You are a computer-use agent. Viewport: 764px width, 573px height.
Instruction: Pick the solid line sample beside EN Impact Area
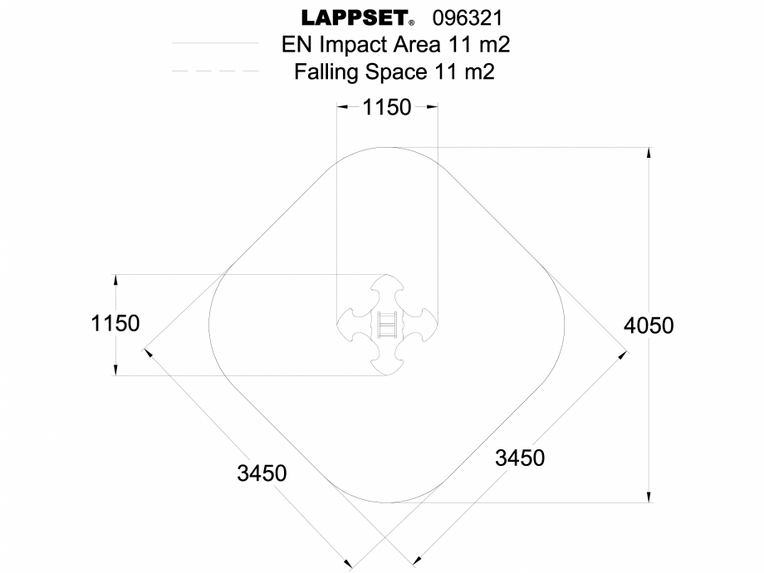[215, 43]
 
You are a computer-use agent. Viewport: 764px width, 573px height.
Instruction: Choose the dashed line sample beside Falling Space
[215, 71]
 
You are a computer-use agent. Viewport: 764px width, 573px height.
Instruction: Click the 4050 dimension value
[649, 325]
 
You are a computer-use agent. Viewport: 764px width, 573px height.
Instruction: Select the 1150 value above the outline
[387, 107]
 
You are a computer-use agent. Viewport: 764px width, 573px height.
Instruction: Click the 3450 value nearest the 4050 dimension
[520, 457]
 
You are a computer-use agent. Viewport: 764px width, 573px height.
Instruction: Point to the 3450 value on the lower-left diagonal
[262, 473]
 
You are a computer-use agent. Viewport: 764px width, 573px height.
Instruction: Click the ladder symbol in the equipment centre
[387, 324]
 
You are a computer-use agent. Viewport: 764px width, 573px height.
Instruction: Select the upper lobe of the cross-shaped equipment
[387, 290]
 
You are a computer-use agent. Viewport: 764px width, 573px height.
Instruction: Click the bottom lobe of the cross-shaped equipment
[387, 360]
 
